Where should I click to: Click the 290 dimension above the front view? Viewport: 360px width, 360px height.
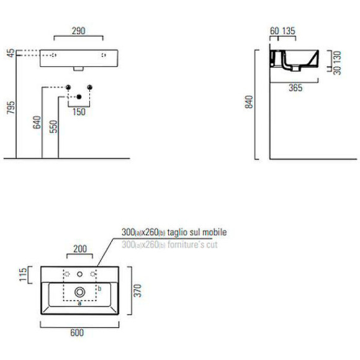[78, 30]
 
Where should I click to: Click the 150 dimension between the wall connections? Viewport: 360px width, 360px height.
[79, 112]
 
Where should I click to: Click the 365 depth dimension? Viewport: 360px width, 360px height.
[295, 88]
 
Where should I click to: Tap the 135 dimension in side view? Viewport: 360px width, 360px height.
[288, 31]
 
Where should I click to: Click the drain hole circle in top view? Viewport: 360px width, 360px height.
[79, 291]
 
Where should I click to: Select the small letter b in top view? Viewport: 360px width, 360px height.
[100, 288]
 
